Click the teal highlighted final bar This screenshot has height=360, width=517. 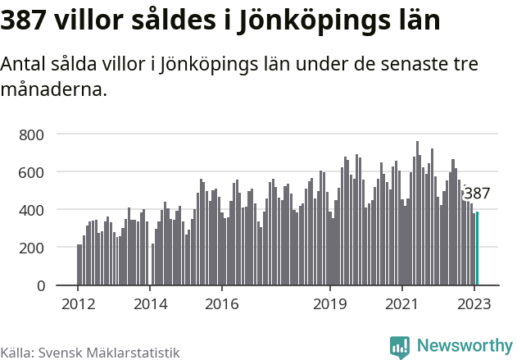click(x=477, y=248)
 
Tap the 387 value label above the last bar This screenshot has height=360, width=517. click(x=477, y=194)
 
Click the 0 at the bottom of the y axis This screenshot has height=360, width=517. click(x=51, y=285)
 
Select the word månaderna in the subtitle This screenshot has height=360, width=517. click(x=54, y=89)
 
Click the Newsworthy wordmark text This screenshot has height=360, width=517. click(x=464, y=346)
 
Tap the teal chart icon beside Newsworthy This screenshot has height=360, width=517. click(x=400, y=347)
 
